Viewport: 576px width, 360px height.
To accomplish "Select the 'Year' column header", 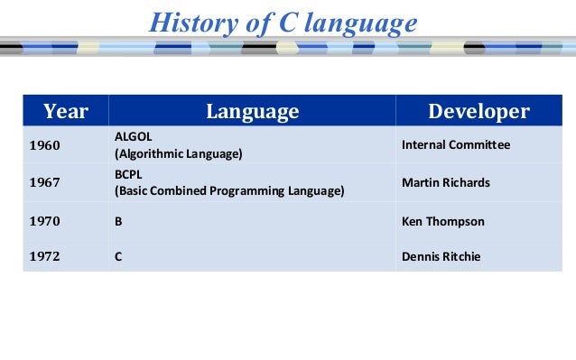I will [66, 111].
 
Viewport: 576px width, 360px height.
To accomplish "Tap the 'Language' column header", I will [252, 111].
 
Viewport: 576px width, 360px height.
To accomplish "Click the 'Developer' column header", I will [478, 111].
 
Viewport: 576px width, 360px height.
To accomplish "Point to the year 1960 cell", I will [45, 145].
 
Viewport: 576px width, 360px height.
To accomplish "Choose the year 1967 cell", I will [45, 183].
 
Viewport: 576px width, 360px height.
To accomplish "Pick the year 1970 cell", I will [45, 221].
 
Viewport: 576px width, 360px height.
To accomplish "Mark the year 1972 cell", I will [45, 257].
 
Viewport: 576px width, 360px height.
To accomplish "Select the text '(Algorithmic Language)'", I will [178, 154].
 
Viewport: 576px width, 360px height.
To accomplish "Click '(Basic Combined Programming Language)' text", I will [229, 191].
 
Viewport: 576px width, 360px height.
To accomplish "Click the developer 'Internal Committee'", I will [455, 145].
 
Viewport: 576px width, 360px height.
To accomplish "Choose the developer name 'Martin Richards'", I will [445, 183].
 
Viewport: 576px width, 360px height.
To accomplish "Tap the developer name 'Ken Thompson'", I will [442, 221].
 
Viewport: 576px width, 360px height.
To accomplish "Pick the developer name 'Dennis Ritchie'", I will [441, 257].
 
